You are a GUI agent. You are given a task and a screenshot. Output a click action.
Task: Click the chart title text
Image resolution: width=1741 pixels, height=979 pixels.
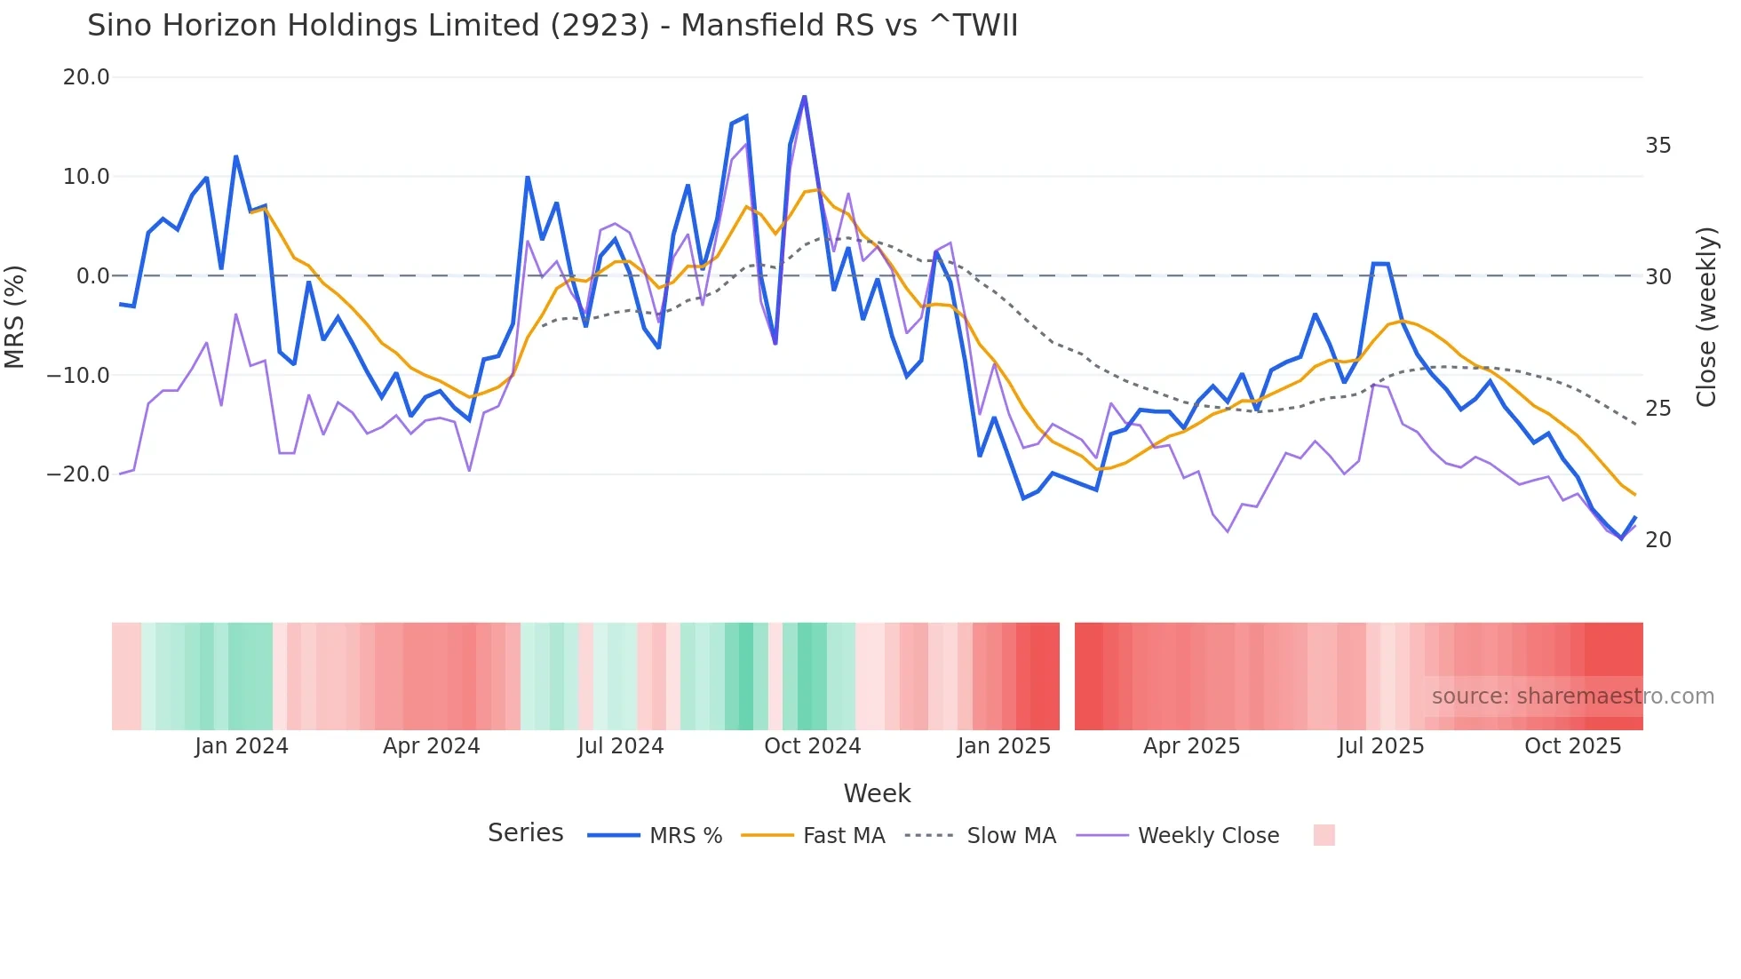[x=552, y=26]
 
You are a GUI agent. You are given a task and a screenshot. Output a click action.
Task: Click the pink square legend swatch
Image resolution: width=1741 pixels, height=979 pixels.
[x=1324, y=835]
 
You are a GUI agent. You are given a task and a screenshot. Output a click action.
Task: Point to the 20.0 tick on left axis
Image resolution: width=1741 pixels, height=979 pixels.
[x=86, y=77]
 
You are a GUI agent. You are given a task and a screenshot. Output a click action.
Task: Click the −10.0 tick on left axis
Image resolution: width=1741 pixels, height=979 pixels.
[x=78, y=375]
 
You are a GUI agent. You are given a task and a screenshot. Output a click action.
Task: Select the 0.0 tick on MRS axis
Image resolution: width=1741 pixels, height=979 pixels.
[x=92, y=276]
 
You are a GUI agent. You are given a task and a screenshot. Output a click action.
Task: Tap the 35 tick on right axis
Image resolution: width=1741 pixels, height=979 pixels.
[x=1658, y=146]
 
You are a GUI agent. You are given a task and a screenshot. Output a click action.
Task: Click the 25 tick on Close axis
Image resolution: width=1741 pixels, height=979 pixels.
[x=1658, y=409]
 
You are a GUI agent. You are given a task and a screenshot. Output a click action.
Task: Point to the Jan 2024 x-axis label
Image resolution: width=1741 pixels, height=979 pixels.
[x=242, y=746]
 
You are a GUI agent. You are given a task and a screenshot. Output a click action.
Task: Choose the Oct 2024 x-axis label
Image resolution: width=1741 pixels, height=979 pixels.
[x=812, y=746]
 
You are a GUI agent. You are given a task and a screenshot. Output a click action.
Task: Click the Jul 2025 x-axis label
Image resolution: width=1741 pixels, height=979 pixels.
[x=1380, y=746]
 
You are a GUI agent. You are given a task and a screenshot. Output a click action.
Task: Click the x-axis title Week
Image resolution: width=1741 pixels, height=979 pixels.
[x=877, y=793]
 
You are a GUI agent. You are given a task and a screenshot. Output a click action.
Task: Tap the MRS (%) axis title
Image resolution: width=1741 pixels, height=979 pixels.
[x=15, y=316]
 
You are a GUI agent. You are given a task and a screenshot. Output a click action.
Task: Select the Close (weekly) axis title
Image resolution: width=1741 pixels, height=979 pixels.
[x=1705, y=317]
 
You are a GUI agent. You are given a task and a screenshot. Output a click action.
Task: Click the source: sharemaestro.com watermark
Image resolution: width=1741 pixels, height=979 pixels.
[x=1572, y=696]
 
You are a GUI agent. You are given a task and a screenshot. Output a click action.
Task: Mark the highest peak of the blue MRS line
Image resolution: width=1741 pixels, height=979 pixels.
[x=804, y=97]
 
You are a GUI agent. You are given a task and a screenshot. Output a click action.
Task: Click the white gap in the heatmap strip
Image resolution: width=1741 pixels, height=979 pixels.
[x=1067, y=676]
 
